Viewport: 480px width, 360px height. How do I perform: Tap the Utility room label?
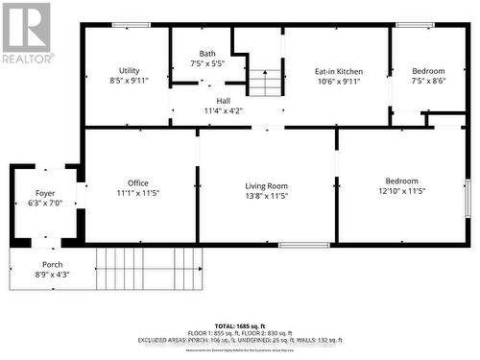[x=130, y=71]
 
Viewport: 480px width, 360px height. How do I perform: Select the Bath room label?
[x=207, y=54]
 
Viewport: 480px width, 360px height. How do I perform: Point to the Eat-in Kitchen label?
[x=338, y=71]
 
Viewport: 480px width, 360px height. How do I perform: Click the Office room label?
[x=138, y=182]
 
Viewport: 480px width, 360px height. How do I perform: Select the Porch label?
[x=52, y=264]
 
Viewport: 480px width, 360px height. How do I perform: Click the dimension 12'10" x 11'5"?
[x=402, y=191]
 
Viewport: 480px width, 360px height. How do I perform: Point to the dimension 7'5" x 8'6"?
[x=428, y=82]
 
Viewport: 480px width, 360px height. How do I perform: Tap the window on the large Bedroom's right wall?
[x=467, y=198]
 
